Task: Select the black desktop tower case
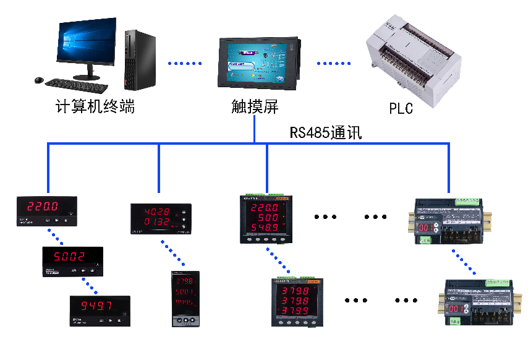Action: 138,59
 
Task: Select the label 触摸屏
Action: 255,107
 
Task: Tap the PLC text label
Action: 401,109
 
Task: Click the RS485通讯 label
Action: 325,132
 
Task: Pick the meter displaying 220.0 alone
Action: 47,211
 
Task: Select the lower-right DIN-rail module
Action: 479,302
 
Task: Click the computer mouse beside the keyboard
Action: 39,80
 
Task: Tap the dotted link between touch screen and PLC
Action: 334,63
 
